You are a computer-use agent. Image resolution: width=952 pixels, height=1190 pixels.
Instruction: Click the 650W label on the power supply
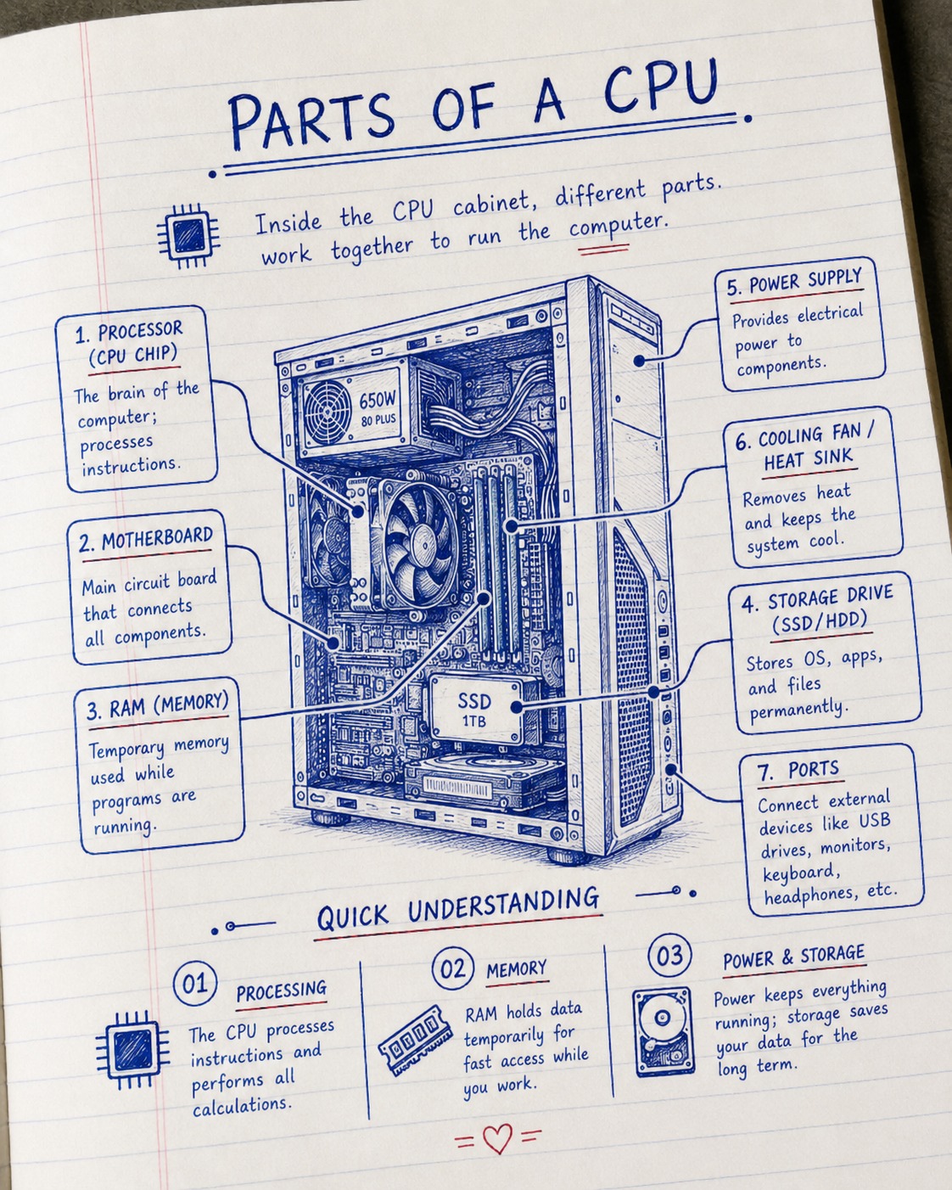tap(378, 399)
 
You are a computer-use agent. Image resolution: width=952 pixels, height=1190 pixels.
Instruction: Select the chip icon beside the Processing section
tap(132, 1050)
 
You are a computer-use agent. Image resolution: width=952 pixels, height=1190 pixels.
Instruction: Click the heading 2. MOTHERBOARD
tap(145, 540)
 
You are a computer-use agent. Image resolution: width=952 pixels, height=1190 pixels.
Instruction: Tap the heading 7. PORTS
tap(798, 769)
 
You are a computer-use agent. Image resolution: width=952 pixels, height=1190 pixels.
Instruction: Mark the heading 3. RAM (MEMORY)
tap(158, 705)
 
